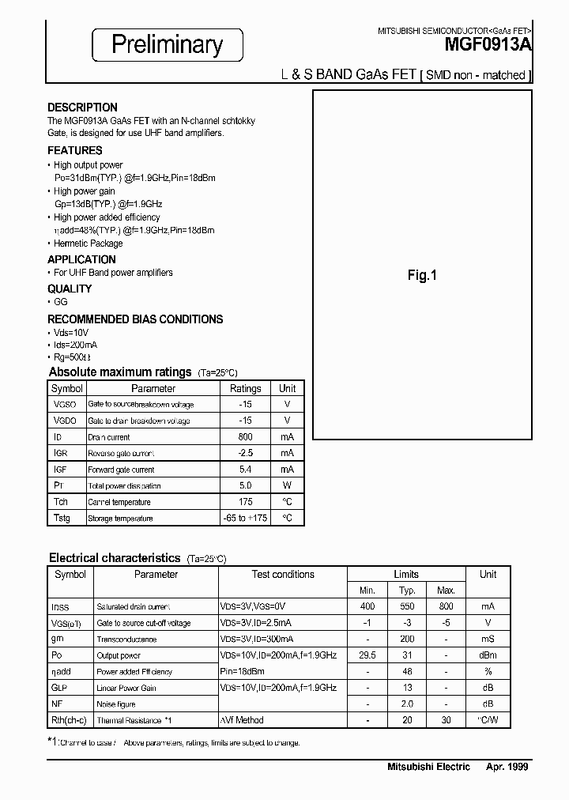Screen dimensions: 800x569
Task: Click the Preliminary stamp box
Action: pos(167,45)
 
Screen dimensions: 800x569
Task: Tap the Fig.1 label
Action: pos(422,276)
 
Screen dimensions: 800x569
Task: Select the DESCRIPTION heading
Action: pos(82,107)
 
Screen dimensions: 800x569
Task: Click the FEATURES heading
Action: pos(74,150)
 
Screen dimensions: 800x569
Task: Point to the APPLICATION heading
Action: pos(81,259)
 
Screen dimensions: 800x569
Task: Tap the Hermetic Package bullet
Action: pos(88,243)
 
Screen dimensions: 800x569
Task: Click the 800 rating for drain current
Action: pos(245,436)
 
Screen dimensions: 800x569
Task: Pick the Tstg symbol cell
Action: pos(61,518)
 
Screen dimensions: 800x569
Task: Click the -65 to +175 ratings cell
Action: pos(245,518)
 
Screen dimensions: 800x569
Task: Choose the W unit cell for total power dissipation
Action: pos(287,485)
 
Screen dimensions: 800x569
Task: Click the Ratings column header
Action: pos(245,388)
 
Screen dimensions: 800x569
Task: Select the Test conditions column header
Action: pos(283,575)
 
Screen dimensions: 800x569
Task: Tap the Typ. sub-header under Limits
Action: pos(407,591)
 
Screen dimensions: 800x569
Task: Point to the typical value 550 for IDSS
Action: pos(407,606)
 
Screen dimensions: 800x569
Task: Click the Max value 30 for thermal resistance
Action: pos(447,720)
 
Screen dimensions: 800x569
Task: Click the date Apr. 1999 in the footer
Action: pos(507,767)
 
